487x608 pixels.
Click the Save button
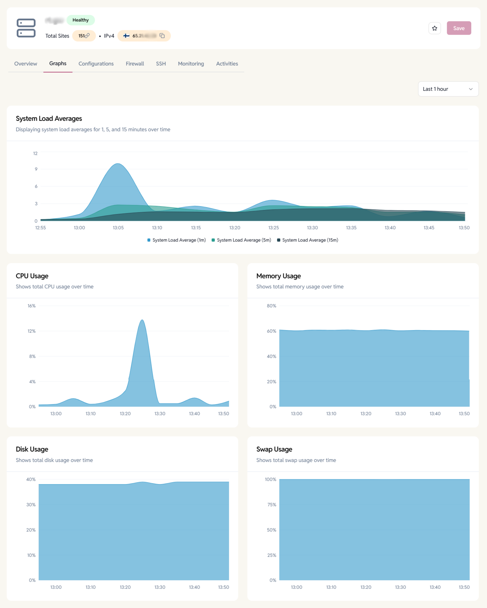(459, 28)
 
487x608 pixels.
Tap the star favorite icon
(435, 28)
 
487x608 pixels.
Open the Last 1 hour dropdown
(448, 89)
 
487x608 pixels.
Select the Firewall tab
(135, 64)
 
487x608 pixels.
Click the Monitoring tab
(191, 64)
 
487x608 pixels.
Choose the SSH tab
(161, 64)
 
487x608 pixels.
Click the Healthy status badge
(81, 20)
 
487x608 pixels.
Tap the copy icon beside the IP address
(162, 36)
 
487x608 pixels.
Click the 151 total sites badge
(84, 36)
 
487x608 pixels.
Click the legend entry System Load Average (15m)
(307, 240)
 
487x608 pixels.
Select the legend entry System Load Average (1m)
(176, 240)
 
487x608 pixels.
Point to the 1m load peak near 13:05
(118, 163)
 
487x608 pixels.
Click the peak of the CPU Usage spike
(142, 320)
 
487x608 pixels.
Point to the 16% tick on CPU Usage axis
(32, 306)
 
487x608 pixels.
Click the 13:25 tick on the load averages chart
(274, 228)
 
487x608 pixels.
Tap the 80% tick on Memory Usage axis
(271, 306)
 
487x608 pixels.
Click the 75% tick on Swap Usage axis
(272, 505)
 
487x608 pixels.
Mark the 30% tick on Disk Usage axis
(31, 505)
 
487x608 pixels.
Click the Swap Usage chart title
(274, 449)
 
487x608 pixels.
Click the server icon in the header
(26, 28)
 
